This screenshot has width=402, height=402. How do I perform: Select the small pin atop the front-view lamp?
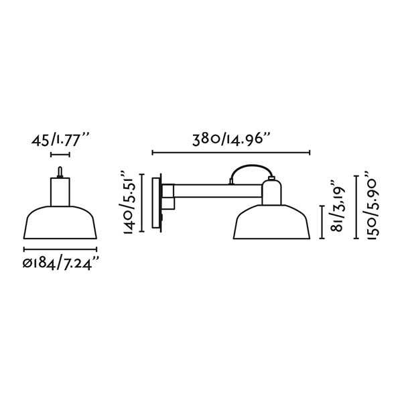(60, 173)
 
